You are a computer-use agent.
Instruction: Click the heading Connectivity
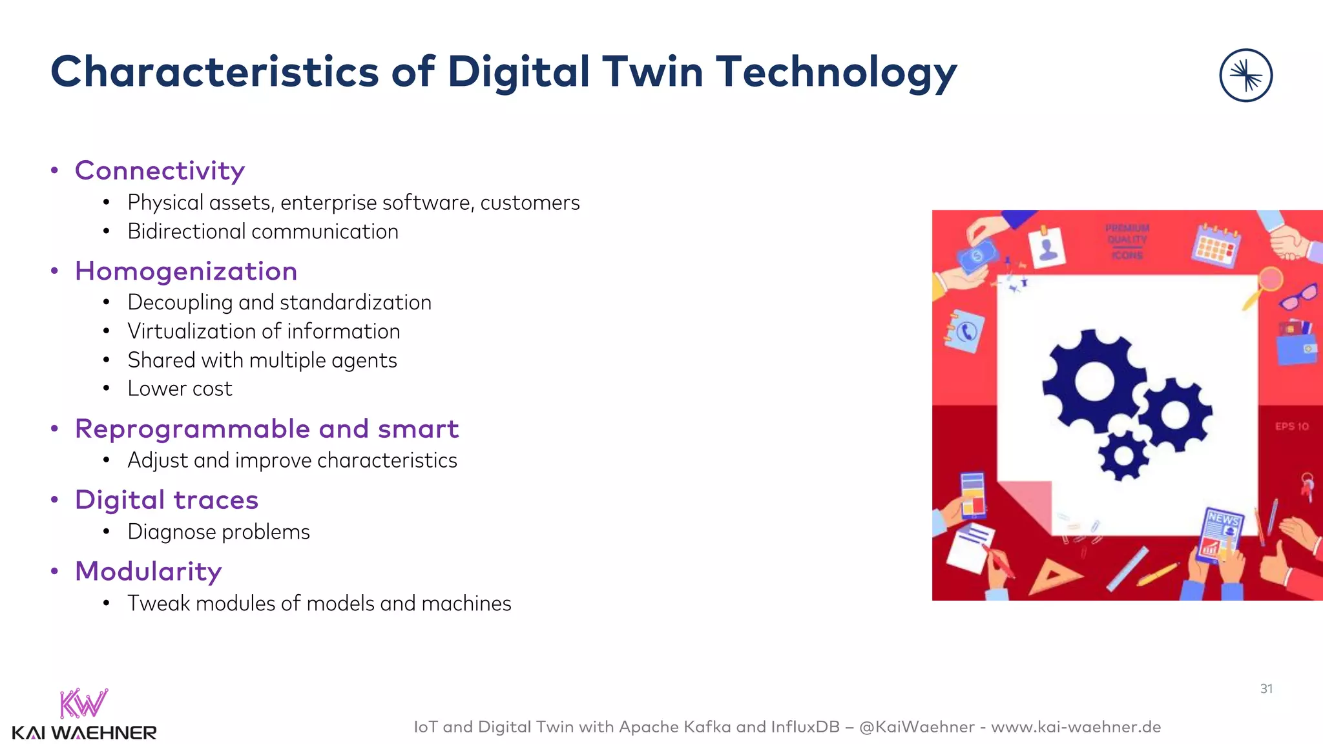pyautogui.click(x=160, y=170)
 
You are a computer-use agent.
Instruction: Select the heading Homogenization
pyautogui.click(x=186, y=271)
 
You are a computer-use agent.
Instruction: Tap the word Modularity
pyautogui.click(x=148, y=572)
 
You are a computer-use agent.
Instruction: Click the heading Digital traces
pyautogui.click(x=167, y=500)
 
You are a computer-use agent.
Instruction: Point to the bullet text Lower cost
pyautogui.click(x=180, y=389)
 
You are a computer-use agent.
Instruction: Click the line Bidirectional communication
pyautogui.click(x=263, y=231)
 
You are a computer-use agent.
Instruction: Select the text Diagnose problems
pyautogui.click(x=218, y=532)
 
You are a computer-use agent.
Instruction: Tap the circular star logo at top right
pyautogui.click(x=1245, y=76)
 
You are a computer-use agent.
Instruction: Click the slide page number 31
pyautogui.click(x=1266, y=689)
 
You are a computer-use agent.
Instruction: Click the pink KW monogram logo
pyautogui.click(x=83, y=703)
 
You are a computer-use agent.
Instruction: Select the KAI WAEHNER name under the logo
pyautogui.click(x=84, y=733)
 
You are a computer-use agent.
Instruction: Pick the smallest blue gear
pyautogui.click(x=1123, y=456)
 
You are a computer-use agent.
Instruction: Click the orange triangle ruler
pyautogui.click(x=1051, y=574)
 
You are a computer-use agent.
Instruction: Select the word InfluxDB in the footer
pyautogui.click(x=804, y=727)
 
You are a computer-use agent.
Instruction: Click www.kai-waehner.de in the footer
pyautogui.click(x=1076, y=727)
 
